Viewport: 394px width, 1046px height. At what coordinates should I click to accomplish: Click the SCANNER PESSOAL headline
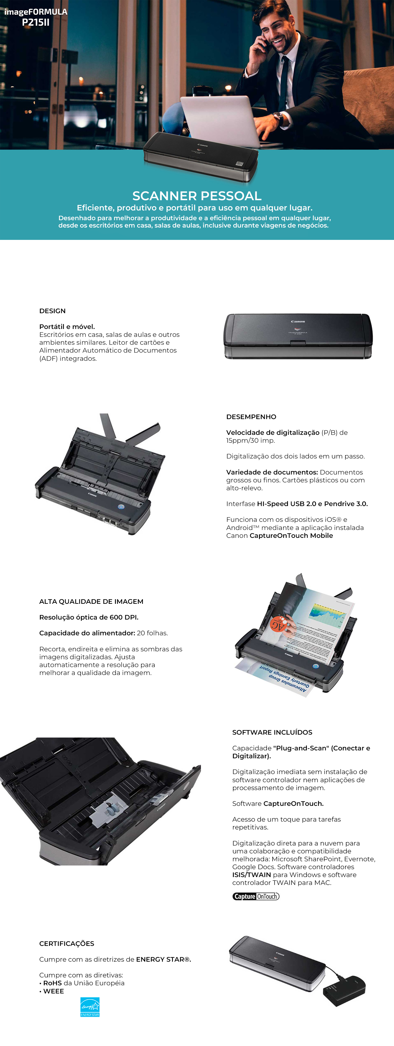(x=197, y=196)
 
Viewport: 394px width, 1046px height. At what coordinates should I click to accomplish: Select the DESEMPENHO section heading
(x=251, y=417)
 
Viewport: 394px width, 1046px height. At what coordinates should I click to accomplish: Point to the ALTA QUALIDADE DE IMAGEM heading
(x=91, y=601)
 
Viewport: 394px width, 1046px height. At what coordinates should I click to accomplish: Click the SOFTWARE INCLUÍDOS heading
(x=272, y=732)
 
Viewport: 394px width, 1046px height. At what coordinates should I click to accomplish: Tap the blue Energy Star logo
(x=90, y=1007)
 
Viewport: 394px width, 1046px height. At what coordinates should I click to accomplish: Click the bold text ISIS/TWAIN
(x=252, y=875)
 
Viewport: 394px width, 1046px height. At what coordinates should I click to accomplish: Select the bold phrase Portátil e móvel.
(x=67, y=327)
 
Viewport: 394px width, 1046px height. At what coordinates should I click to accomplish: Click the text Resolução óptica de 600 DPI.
(x=89, y=617)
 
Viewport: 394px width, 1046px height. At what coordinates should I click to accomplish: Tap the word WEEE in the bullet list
(x=54, y=991)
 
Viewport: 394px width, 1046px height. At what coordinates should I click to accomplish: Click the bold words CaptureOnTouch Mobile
(x=291, y=535)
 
